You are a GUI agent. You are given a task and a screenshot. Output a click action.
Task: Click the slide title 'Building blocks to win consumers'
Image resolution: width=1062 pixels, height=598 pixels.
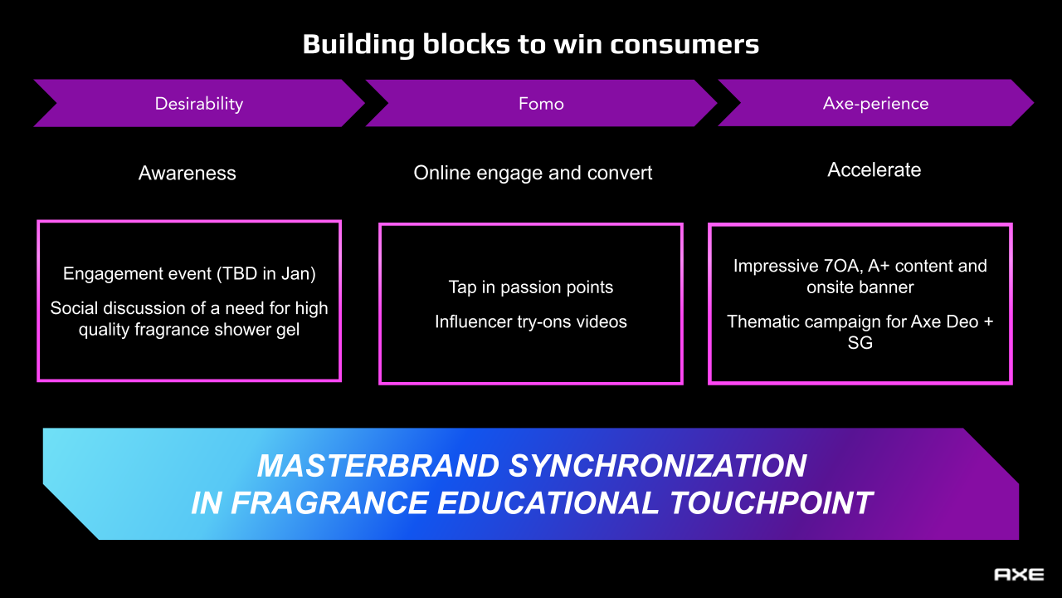point(530,44)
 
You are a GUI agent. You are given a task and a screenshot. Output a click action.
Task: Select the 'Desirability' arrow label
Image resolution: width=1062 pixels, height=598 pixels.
point(198,104)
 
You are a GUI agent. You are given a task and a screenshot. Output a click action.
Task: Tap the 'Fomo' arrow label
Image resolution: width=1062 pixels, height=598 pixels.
point(541,104)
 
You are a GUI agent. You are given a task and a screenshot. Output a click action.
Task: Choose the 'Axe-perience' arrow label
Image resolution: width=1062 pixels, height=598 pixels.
point(875,104)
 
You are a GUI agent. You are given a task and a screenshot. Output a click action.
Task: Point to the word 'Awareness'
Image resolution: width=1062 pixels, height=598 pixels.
point(188,174)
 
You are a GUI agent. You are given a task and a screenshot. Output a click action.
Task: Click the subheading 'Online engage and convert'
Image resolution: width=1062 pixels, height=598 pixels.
point(533,174)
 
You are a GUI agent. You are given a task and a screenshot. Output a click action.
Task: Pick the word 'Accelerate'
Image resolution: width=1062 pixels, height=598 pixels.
point(874,170)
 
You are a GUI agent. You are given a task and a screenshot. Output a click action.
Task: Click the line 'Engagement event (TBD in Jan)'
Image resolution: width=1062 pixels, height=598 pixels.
point(189,274)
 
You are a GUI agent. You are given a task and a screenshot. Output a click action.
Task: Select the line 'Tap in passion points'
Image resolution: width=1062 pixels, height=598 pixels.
point(531,287)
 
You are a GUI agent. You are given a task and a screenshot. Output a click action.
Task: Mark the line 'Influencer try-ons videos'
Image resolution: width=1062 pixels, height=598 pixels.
point(531,321)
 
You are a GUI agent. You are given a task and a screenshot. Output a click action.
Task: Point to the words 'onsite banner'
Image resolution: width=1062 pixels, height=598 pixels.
point(860,287)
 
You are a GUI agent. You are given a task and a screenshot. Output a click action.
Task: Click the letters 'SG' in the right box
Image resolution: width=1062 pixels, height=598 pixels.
point(860,342)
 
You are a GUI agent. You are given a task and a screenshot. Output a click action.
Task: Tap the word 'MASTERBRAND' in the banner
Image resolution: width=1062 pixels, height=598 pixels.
point(378,466)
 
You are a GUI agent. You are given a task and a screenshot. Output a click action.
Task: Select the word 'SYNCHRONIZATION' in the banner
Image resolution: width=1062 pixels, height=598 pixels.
point(657,466)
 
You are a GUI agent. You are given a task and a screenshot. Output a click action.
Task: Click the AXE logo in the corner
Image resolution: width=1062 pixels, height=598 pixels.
point(1019,575)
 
